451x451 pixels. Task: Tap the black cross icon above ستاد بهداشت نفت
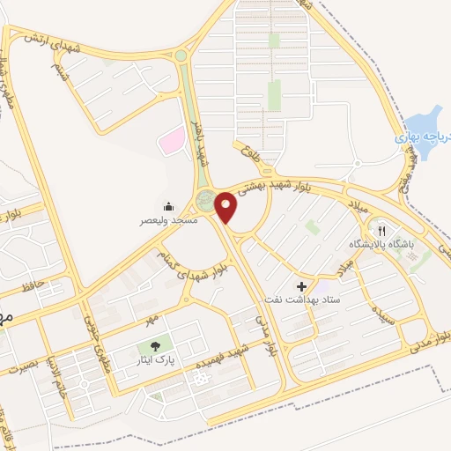[x=302, y=286]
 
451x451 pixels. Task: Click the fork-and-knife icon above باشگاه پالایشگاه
[x=381, y=231]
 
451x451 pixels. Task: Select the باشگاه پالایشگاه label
[x=381, y=243]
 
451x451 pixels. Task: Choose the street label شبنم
[x=59, y=70]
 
